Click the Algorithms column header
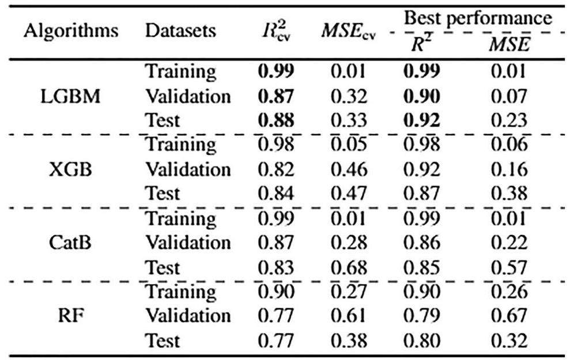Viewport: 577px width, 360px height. pyautogui.click(x=71, y=32)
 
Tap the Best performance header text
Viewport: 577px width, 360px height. pyautogui.click(x=477, y=18)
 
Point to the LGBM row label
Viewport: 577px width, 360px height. pyautogui.click(x=71, y=96)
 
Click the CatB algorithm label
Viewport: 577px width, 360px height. pyautogui.click(x=71, y=242)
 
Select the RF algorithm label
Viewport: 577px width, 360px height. pyautogui.click(x=71, y=316)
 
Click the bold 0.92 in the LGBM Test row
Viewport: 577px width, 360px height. pyautogui.click(x=421, y=121)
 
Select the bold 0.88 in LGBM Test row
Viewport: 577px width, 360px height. pyautogui.click(x=276, y=121)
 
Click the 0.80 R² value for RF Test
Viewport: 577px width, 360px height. pyautogui.click(x=421, y=340)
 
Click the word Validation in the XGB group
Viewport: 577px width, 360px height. pyautogui.click(x=187, y=170)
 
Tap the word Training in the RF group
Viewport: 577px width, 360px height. pyautogui.click(x=180, y=291)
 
